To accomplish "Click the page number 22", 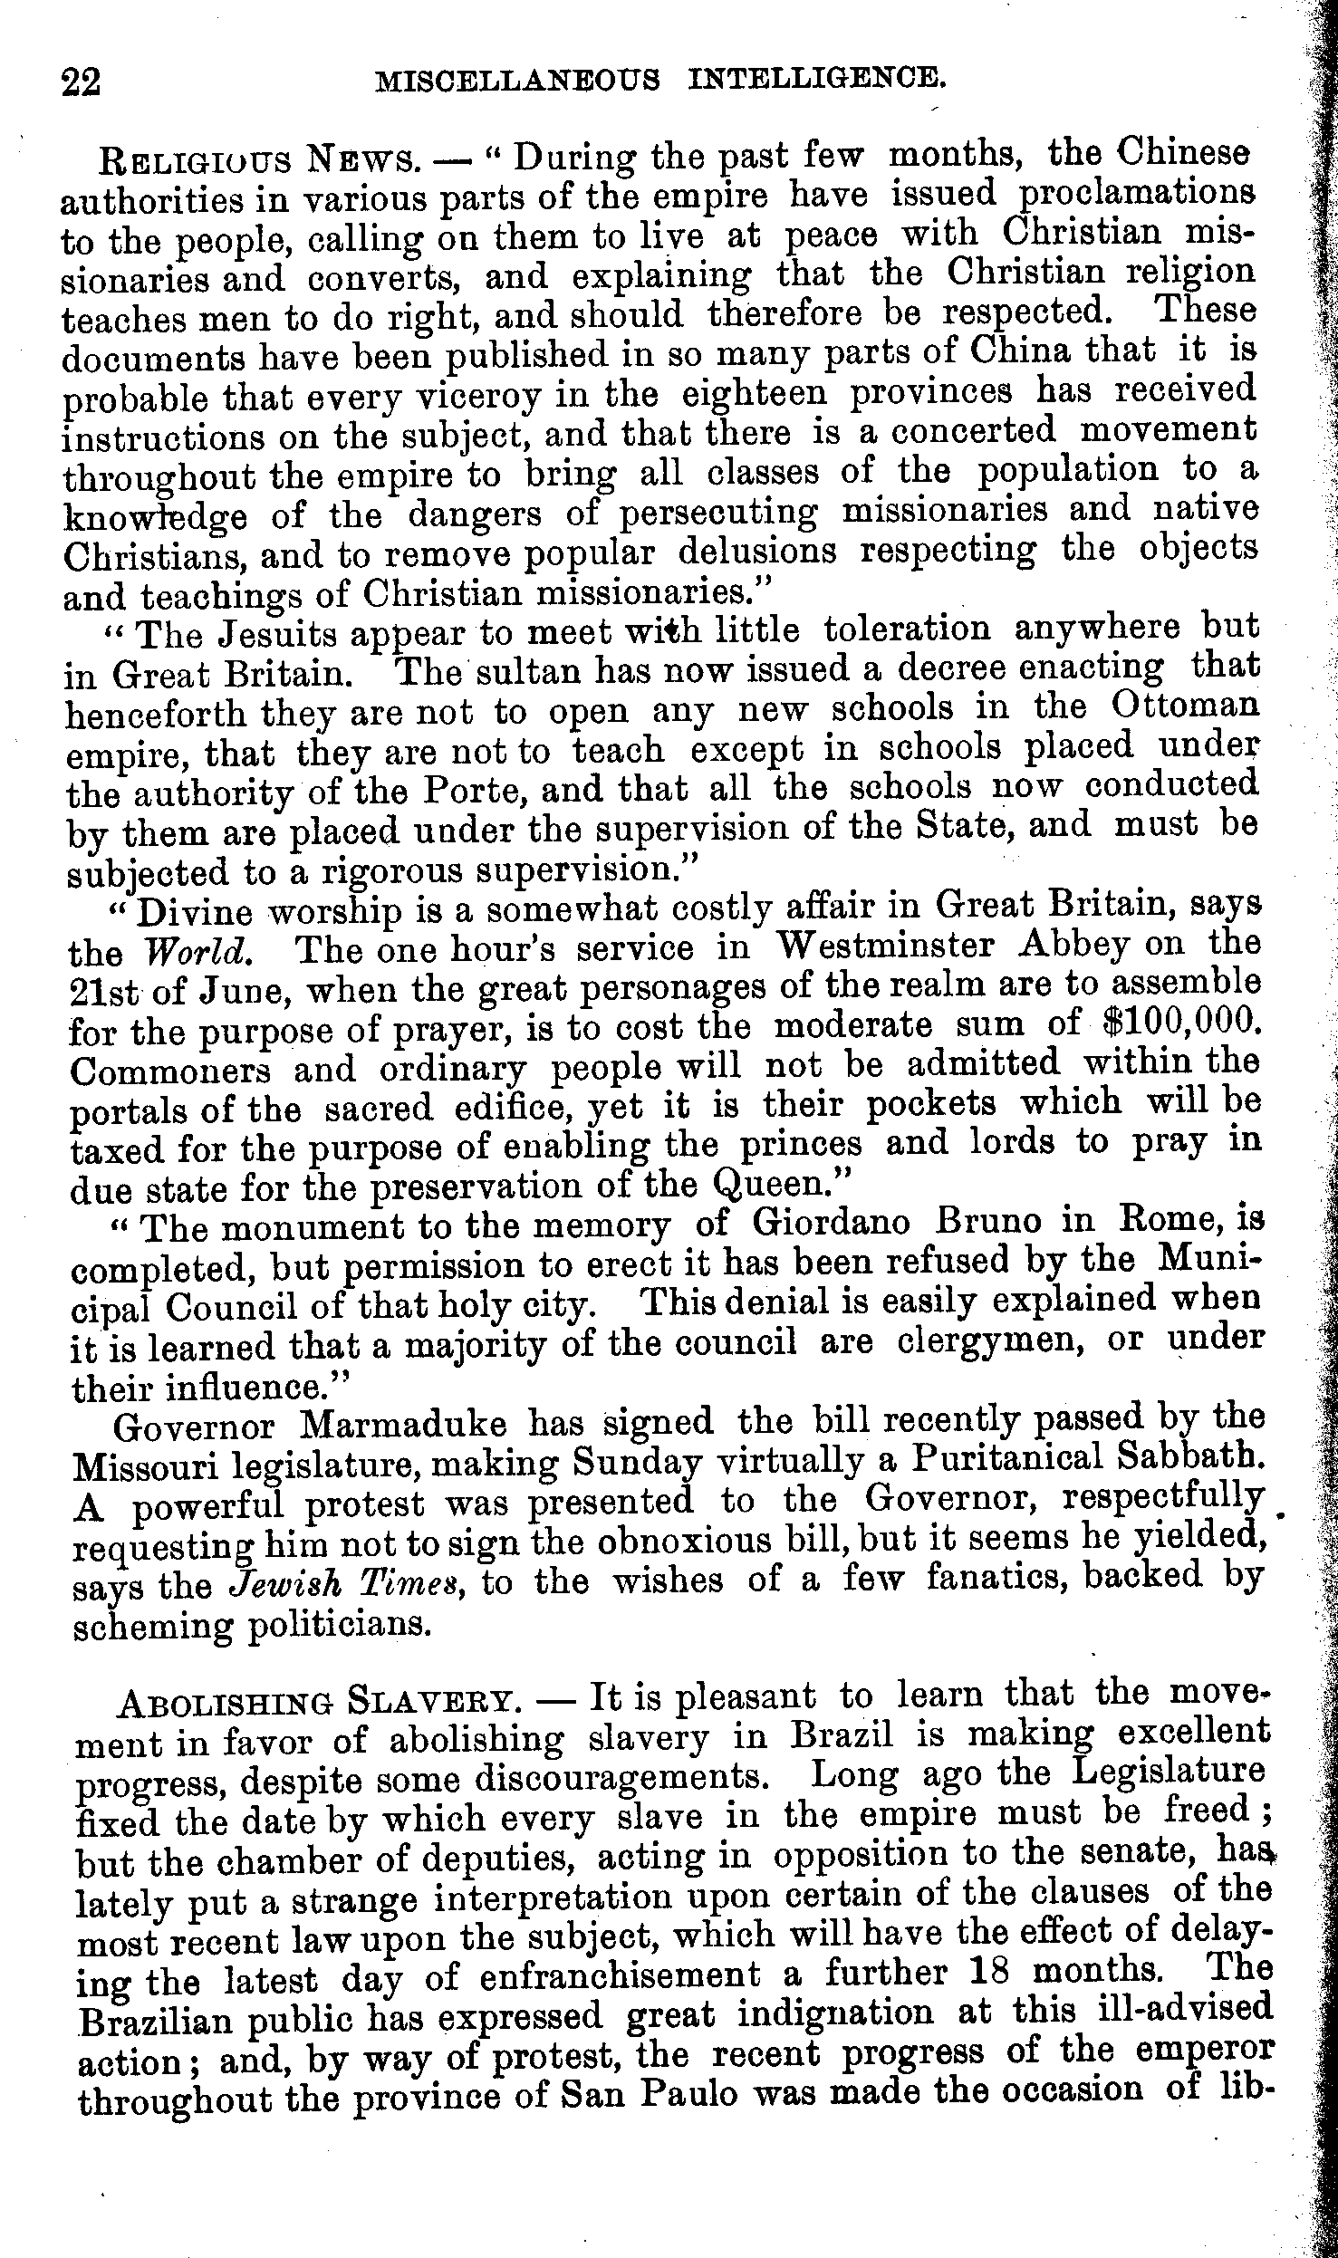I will [x=81, y=82].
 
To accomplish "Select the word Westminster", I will [x=887, y=947].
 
